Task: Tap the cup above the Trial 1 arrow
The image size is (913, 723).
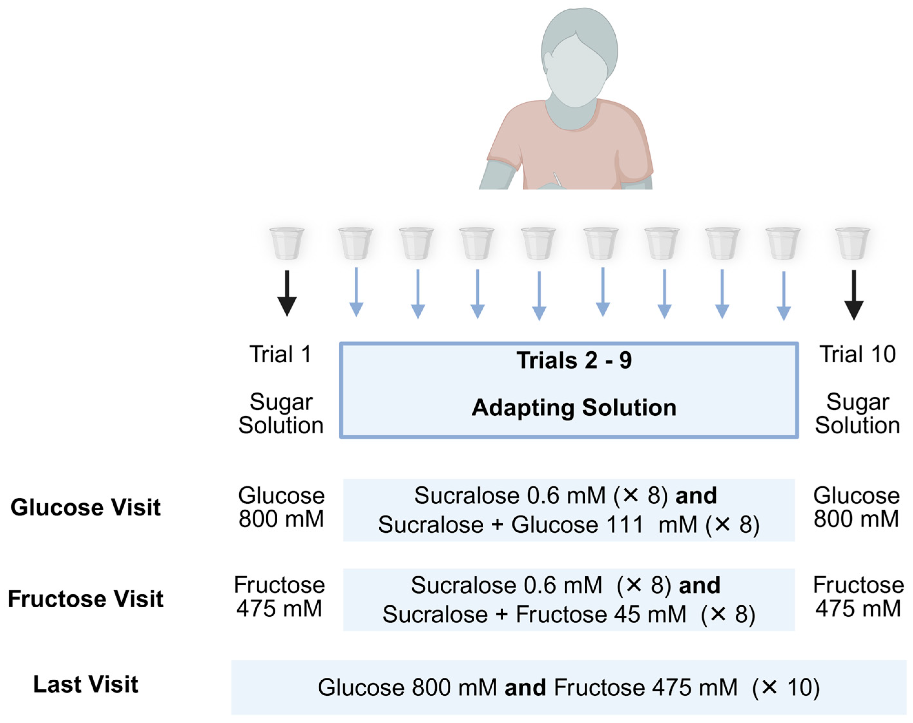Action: (x=287, y=243)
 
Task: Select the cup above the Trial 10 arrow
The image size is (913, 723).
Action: (x=852, y=243)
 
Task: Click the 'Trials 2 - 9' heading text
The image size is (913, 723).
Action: (x=574, y=360)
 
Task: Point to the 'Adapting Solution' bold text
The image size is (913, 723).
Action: (x=574, y=408)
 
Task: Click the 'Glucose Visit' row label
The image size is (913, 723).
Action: (x=86, y=507)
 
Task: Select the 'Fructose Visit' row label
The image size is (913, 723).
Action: (x=86, y=599)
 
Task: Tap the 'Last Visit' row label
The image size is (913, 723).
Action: (x=86, y=685)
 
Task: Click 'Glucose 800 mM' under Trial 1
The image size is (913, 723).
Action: (x=281, y=507)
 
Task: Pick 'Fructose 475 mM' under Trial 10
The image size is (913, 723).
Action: (x=858, y=597)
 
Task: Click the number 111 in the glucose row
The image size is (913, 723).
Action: (x=623, y=525)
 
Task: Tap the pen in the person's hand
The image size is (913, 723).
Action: (x=557, y=179)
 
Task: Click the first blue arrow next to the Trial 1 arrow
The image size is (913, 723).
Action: (x=356, y=292)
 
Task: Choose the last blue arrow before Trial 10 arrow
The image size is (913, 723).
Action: (x=784, y=295)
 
